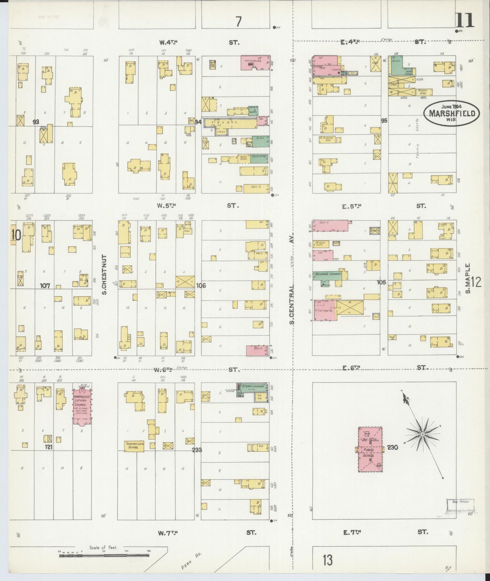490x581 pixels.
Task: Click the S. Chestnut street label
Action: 104,275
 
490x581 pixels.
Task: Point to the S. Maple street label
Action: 468,278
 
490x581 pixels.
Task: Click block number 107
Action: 45,286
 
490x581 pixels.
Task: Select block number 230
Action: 392,447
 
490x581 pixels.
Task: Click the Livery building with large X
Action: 350,307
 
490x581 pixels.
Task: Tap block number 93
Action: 36,122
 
